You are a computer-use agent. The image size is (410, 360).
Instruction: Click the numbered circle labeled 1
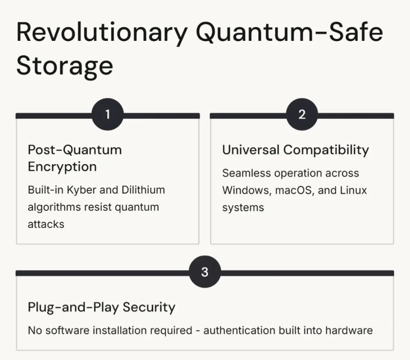(107, 114)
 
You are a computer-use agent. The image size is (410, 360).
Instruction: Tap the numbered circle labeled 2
(302, 114)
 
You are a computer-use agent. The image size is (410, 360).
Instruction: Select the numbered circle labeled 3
(205, 272)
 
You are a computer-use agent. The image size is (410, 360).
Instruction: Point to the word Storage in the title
(65, 66)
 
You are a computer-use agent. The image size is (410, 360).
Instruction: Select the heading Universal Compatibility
(295, 150)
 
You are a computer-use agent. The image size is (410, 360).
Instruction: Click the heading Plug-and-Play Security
(101, 308)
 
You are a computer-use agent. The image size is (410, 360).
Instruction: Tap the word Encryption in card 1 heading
(62, 167)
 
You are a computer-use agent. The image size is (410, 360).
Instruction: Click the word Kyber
(82, 190)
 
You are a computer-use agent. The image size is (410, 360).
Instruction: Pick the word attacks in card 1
(46, 224)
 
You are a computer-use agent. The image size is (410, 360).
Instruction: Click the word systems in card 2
(243, 208)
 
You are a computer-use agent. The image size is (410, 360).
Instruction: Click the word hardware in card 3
(349, 330)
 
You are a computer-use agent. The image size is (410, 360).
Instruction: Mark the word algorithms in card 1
(54, 207)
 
